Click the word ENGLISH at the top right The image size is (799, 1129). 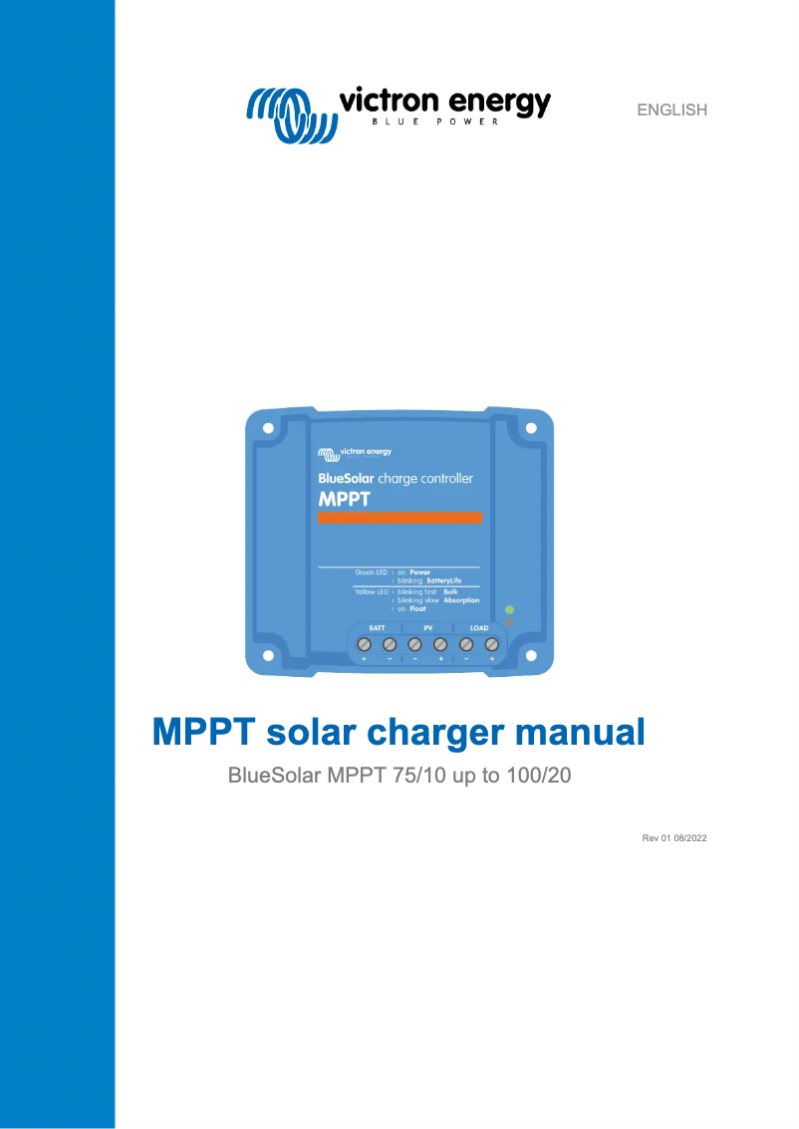671,111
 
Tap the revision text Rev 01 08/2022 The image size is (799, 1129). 673,839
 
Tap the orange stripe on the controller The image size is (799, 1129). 399,518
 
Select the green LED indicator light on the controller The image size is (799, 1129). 509,608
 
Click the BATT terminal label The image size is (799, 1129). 377,628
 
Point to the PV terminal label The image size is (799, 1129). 427,628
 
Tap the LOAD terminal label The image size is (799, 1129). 479,628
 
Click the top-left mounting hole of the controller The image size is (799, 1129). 267,428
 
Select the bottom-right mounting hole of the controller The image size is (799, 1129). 531,656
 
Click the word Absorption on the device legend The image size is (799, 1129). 461,600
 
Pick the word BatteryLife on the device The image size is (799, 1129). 444,579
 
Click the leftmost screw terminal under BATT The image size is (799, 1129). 364,645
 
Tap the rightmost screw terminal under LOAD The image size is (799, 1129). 491,645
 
